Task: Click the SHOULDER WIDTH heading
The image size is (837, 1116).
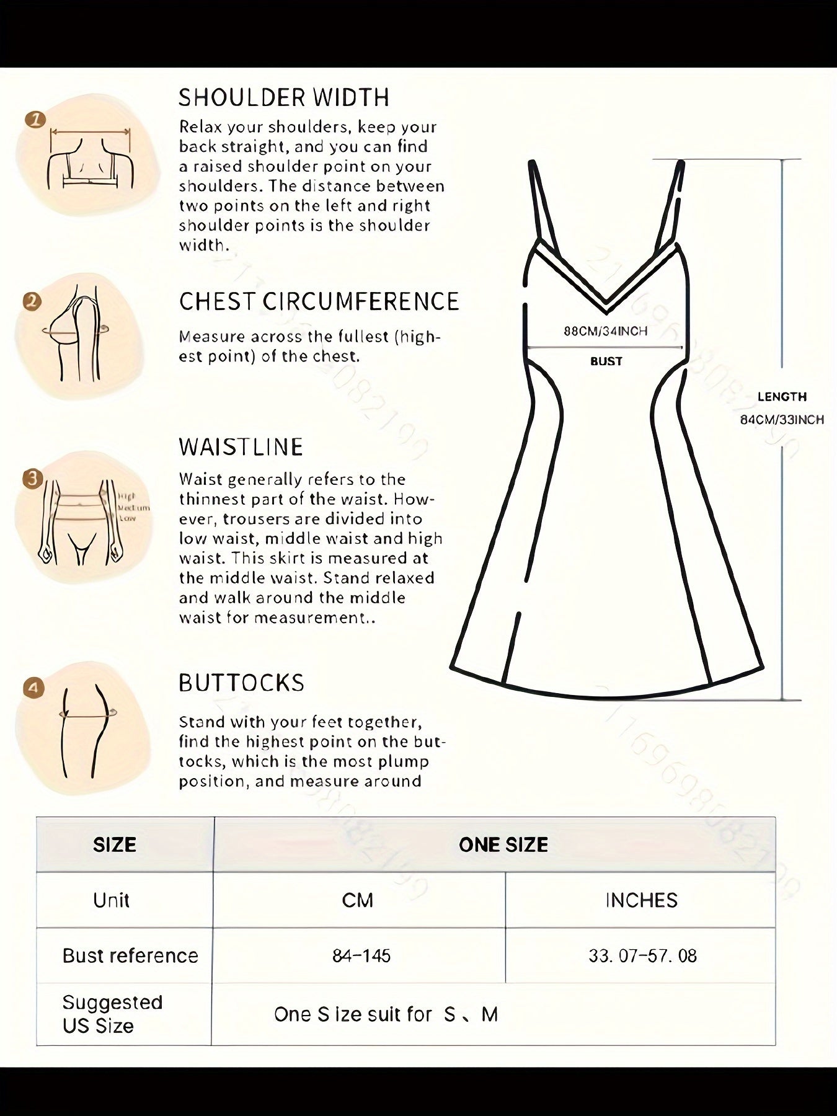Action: (x=284, y=98)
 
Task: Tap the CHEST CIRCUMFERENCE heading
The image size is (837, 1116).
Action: (x=319, y=302)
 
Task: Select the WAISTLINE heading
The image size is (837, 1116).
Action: (x=241, y=447)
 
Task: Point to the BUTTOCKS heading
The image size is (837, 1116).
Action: (x=241, y=683)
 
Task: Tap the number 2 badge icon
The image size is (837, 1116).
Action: (x=32, y=302)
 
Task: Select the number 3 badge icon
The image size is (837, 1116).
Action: (x=32, y=478)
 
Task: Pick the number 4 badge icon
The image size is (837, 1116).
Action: (x=33, y=688)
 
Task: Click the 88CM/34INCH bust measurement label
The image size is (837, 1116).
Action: (x=605, y=331)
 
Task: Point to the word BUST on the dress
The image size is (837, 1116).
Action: (x=606, y=361)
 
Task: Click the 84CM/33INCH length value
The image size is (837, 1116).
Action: (x=782, y=420)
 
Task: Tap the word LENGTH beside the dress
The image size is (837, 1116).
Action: (x=782, y=397)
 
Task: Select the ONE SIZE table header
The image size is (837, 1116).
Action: (x=503, y=844)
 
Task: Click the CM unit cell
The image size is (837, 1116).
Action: (x=358, y=900)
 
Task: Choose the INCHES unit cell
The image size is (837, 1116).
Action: (x=641, y=900)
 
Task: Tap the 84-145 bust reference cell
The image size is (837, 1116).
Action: (x=361, y=955)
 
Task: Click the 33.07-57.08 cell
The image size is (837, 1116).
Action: (x=642, y=955)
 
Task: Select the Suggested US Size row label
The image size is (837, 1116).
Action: (x=112, y=1014)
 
